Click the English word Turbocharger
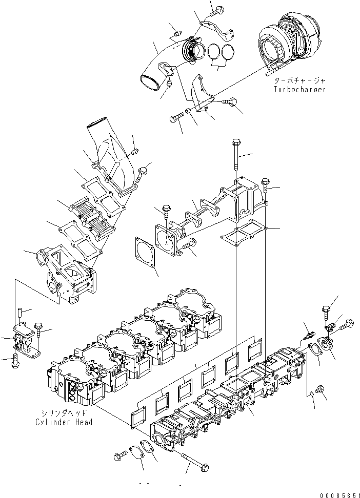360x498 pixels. point(299,89)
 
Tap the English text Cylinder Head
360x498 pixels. point(64,422)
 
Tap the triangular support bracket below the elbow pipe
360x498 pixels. point(198,95)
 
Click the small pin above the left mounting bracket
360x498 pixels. point(19,310)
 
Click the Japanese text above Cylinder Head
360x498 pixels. point(64,413)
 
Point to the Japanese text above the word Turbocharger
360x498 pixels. point(299,80)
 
